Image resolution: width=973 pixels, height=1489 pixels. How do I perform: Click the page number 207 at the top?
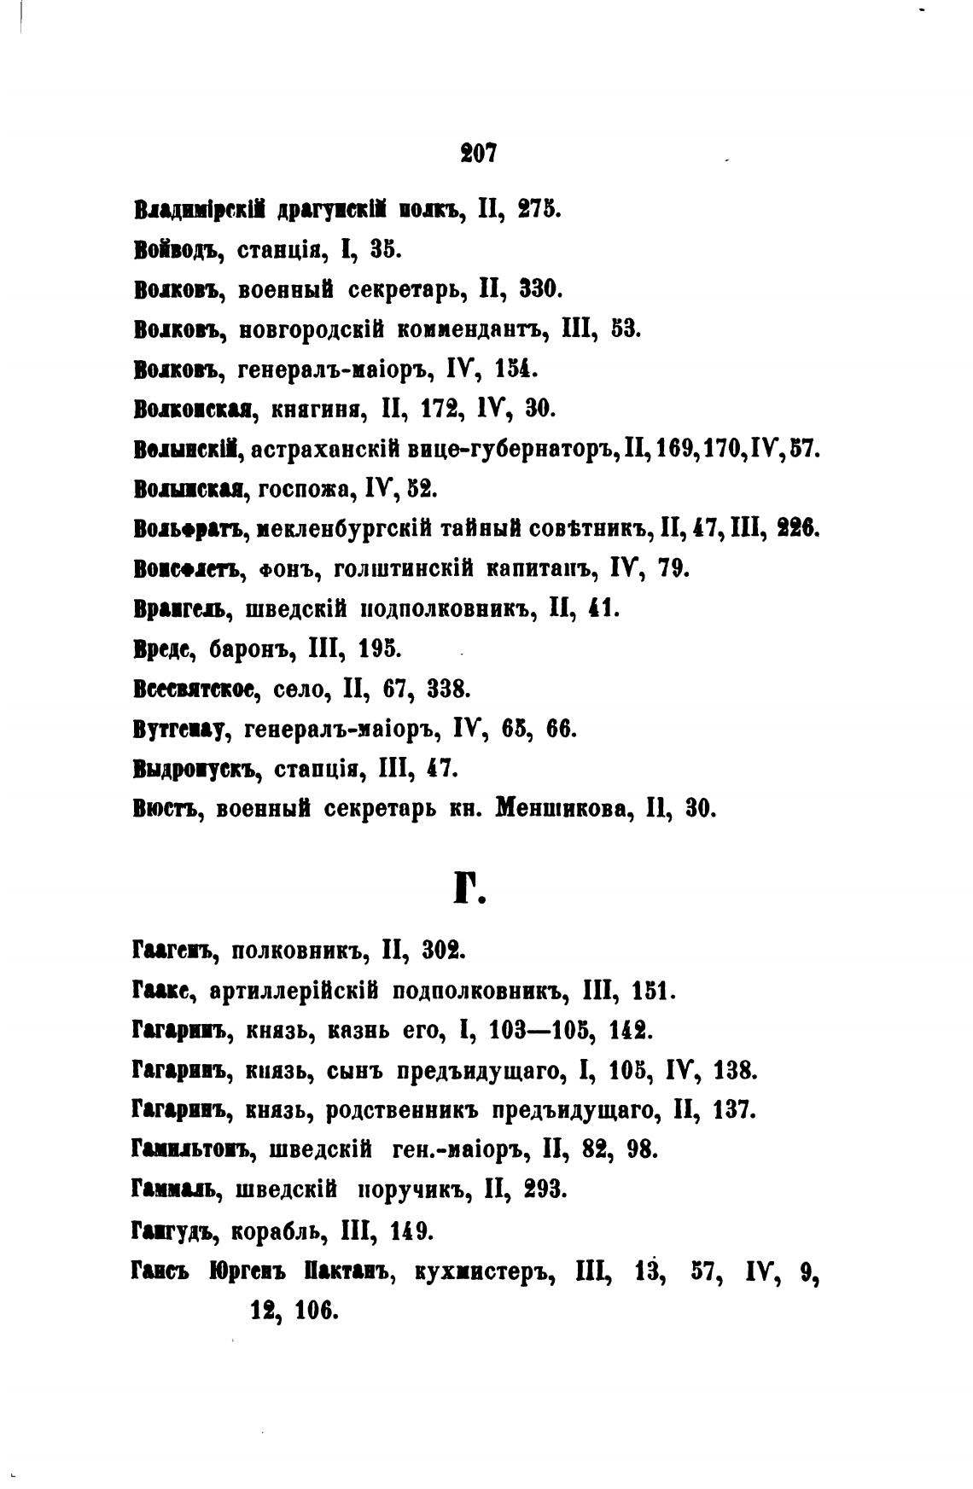click(x=478, y=154)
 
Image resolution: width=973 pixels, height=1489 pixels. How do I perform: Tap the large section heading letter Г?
click(x=467, y=890)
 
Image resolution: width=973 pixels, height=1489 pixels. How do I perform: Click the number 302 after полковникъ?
click(x=443, y=950)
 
